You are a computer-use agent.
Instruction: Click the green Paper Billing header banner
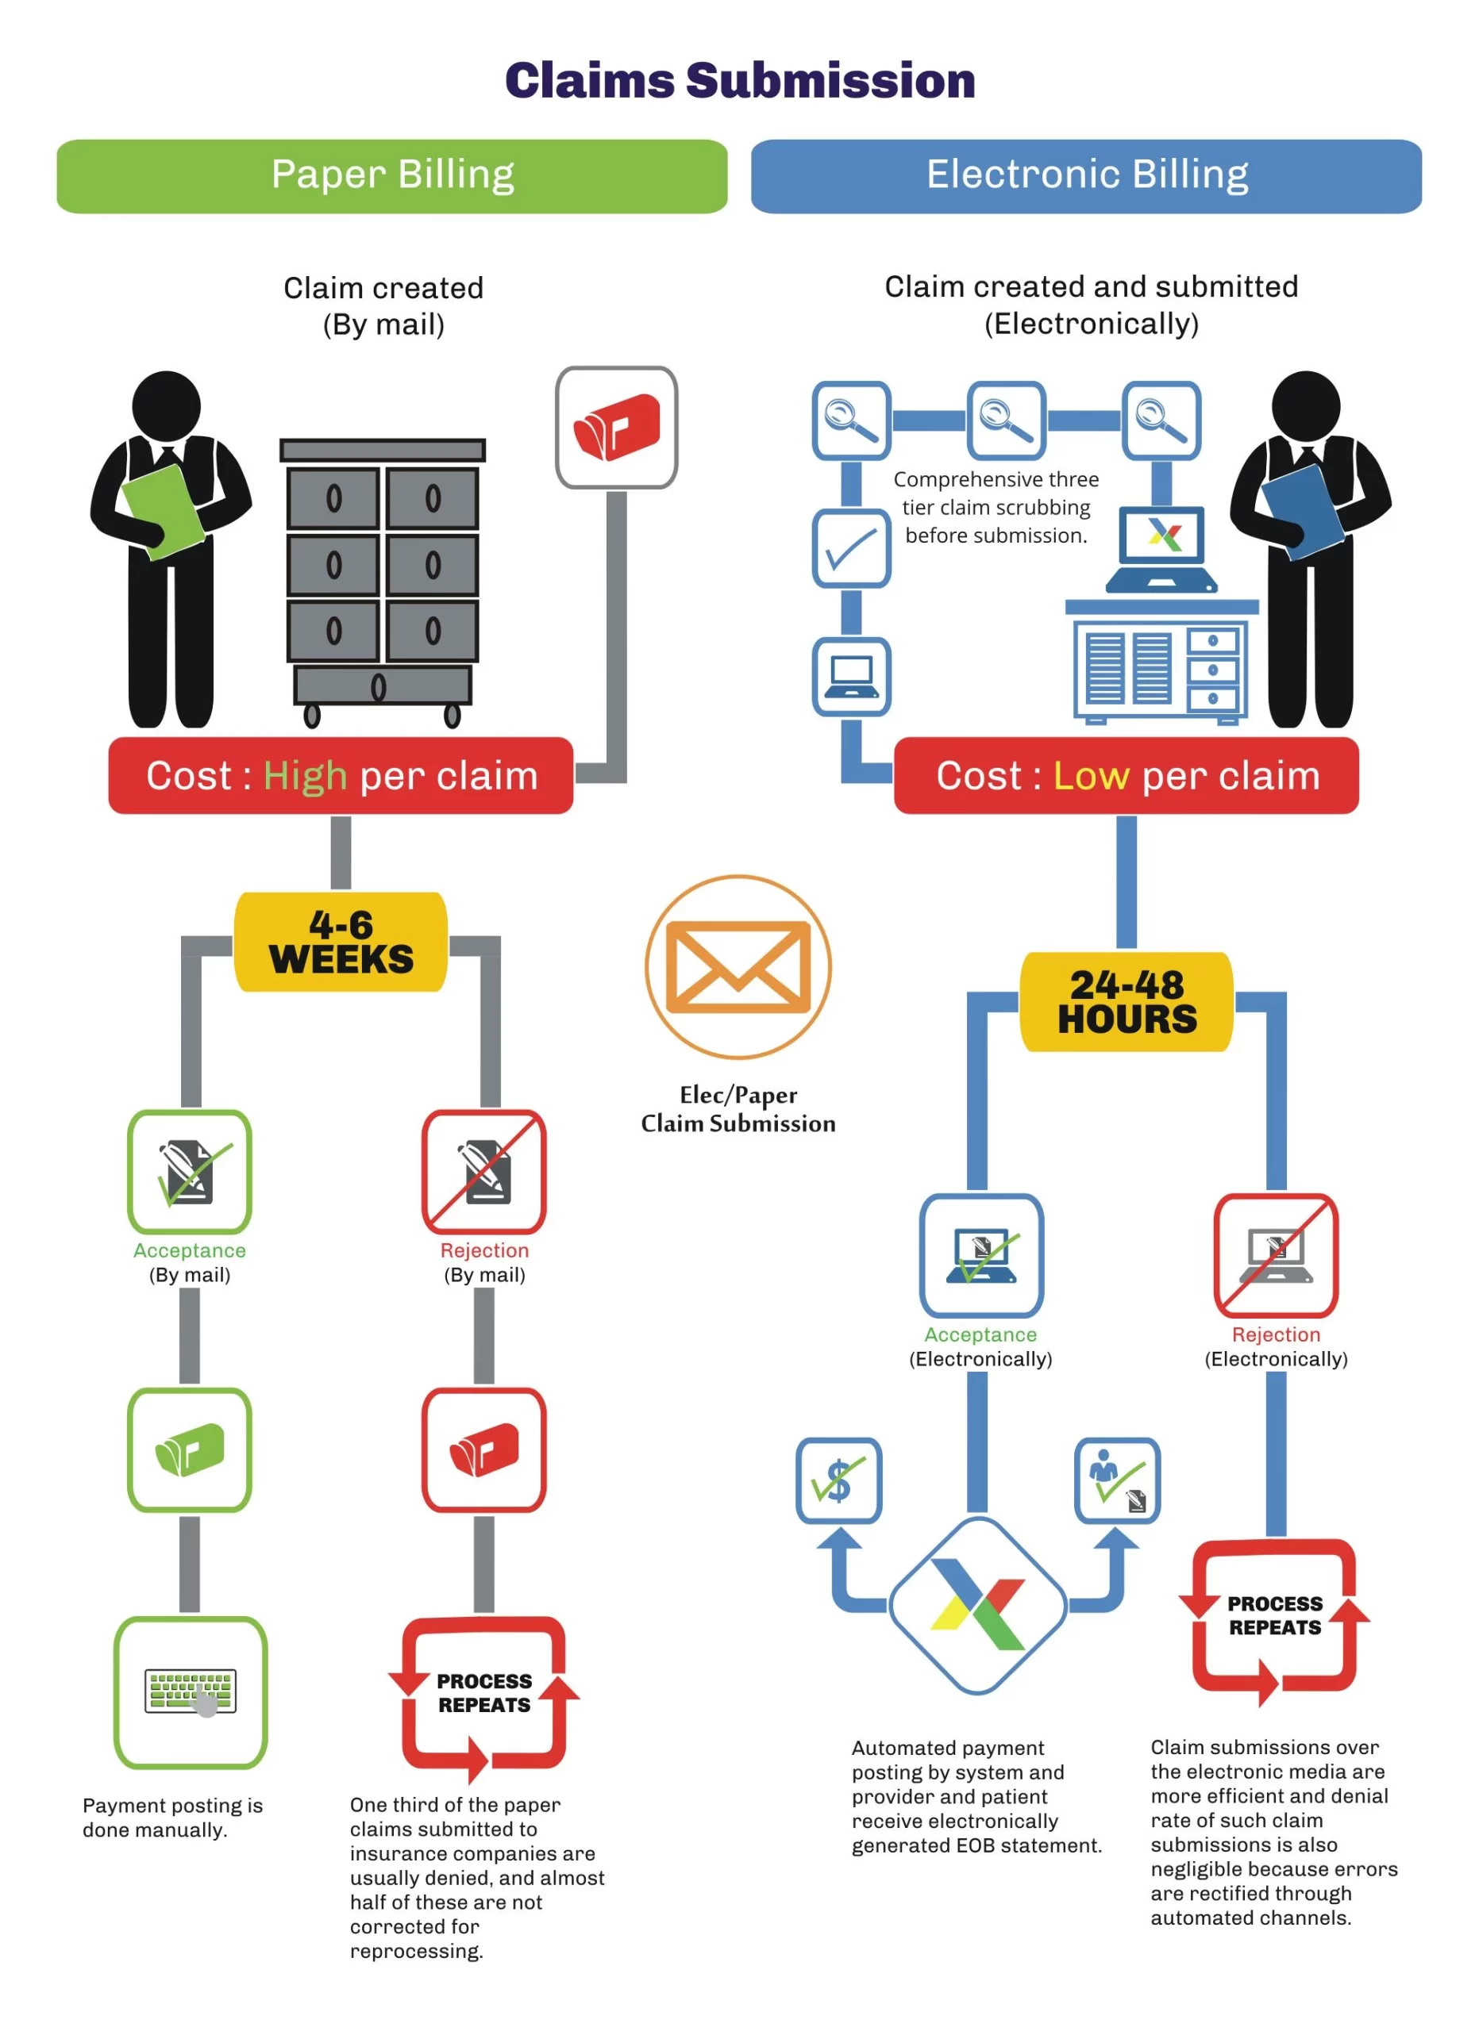391,175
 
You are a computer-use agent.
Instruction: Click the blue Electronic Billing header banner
1086,175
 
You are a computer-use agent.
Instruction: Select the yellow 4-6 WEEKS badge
341,942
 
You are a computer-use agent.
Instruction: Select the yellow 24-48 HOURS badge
1126,1001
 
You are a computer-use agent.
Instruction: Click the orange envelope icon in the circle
738,967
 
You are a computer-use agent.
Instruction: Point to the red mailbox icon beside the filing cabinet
616,427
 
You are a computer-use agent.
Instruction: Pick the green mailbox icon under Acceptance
189,1449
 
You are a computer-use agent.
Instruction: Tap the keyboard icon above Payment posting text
190,1691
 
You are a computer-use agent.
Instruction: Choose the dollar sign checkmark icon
838,1480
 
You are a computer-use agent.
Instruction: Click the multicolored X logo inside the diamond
977,1606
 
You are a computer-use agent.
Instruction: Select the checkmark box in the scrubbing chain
851,548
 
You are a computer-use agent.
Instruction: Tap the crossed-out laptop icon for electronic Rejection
1276,1256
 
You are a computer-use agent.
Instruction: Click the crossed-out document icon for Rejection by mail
483,1171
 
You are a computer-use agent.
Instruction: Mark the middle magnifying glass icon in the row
1006,420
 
